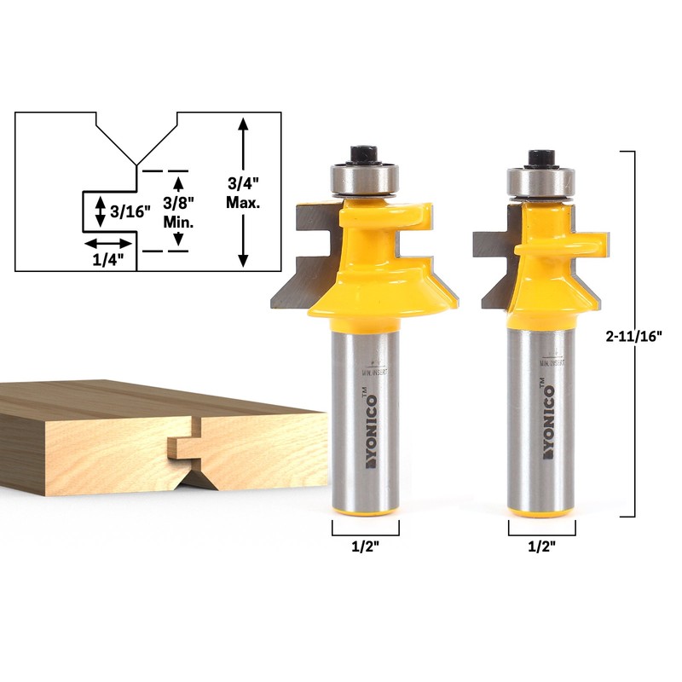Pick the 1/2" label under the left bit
(x=365, y=548)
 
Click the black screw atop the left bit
(x=365, y=154)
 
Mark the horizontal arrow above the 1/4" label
(x=108, y=242)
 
